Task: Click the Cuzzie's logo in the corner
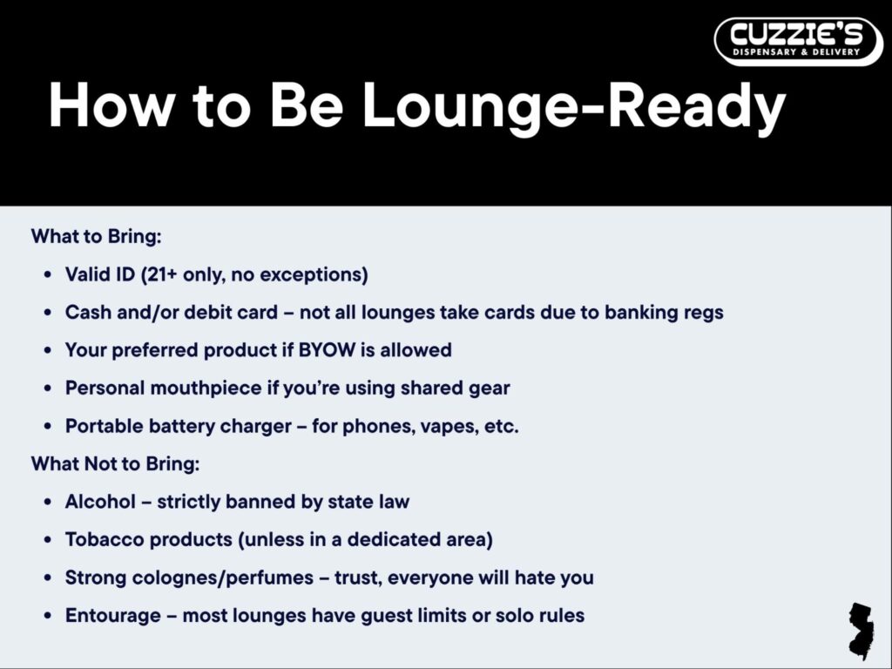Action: pyautogui.click(x=798, y=42)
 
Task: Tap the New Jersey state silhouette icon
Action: pyautogui.click(x=862, y=631)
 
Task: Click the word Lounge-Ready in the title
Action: pyautogui.click(x=574, y=106)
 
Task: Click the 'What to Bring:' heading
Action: pyautogui.click(x=96, y=236)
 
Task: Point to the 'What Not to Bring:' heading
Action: pyautogui.click(x=116, y=463)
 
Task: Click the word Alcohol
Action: pyautogui.click(x=101, y=502)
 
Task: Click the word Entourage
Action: pyautogui.click(x=112, y=616)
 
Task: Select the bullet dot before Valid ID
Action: pyautogui.click(x=48, y=274)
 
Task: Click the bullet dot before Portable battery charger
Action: pyautogui.click(x=48, y=427)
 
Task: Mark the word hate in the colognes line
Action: pyautogui.click(x=535, y=578)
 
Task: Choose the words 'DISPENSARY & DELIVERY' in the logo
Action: pyautogui.click(x=796, y=52)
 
